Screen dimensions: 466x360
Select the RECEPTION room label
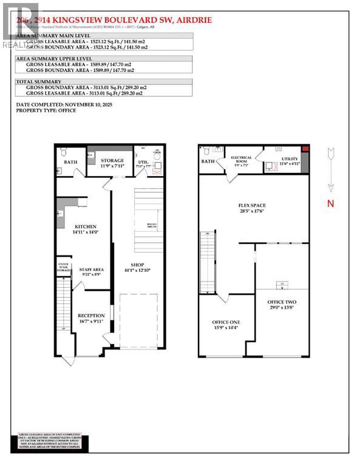(91, 316)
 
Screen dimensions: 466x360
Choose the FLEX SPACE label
(252, 206)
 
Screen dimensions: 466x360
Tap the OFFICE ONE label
(226, 322)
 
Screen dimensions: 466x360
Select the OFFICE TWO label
(282, 302)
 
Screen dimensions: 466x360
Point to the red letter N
(331, 204)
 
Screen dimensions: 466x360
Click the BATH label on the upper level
(208, 161)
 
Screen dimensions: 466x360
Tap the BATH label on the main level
(70, 162)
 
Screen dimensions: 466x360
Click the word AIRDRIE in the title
(193, 19)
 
